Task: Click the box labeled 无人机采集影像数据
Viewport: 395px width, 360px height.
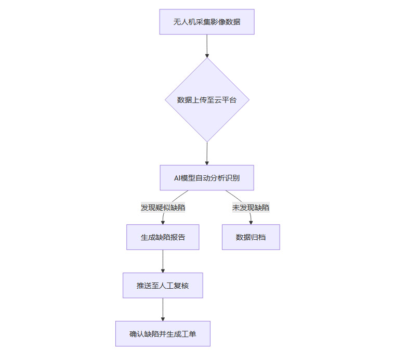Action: pos(207,22)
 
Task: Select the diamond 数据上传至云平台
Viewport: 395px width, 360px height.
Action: pos(207,100)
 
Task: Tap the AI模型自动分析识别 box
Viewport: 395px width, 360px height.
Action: pos(207,178)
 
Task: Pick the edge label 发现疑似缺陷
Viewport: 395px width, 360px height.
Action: pos(163,208)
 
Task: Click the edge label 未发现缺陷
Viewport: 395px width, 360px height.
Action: pos(251,208)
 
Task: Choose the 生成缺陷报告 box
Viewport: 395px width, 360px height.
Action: pos(163,237)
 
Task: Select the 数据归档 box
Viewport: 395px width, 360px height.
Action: pos(251,237)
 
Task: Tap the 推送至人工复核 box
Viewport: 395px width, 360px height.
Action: pos(163,286)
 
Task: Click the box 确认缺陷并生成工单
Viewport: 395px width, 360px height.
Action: pos(163,334)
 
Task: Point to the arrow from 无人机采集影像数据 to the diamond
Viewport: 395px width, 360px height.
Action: pos(207,46)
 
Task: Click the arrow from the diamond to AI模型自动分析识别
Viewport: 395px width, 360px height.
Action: pos(207,153)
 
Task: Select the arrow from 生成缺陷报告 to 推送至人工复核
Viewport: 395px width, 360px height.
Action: pos(163,261)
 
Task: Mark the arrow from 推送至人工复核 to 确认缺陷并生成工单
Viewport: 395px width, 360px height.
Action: pos(163,310)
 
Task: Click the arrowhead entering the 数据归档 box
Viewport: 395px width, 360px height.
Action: pos(251,222)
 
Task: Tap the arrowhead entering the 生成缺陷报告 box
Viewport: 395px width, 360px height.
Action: pos(163,222)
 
